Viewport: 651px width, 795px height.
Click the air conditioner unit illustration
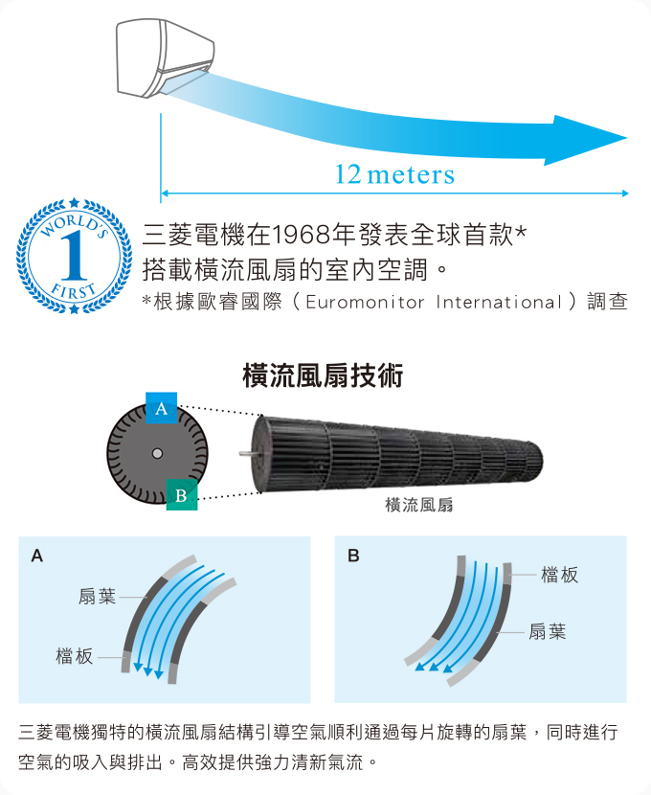[166, 57]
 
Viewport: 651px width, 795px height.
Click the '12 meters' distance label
[394, 174]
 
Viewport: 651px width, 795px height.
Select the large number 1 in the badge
[74, 255]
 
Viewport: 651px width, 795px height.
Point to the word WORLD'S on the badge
[74, 223]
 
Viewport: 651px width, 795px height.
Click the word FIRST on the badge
[74, 292]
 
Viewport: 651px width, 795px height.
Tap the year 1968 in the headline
[303, 235]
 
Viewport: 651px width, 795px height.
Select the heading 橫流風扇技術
[323, 375]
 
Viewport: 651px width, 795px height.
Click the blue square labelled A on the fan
[161, 408]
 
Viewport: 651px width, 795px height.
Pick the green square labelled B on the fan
[181, 495]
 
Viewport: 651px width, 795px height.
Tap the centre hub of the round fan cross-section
[157, 453]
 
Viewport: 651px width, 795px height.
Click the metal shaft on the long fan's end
[247, 453]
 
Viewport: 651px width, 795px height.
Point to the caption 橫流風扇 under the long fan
[419, 505]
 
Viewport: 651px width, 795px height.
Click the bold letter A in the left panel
[37, 556]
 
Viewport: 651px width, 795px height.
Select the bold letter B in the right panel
[353, 556]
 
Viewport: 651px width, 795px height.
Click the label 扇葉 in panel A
[97, 597]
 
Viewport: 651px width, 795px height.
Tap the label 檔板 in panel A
[75, 656]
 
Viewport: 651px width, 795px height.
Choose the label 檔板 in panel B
[559, 575]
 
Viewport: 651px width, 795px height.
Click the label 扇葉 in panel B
[548, 632]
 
